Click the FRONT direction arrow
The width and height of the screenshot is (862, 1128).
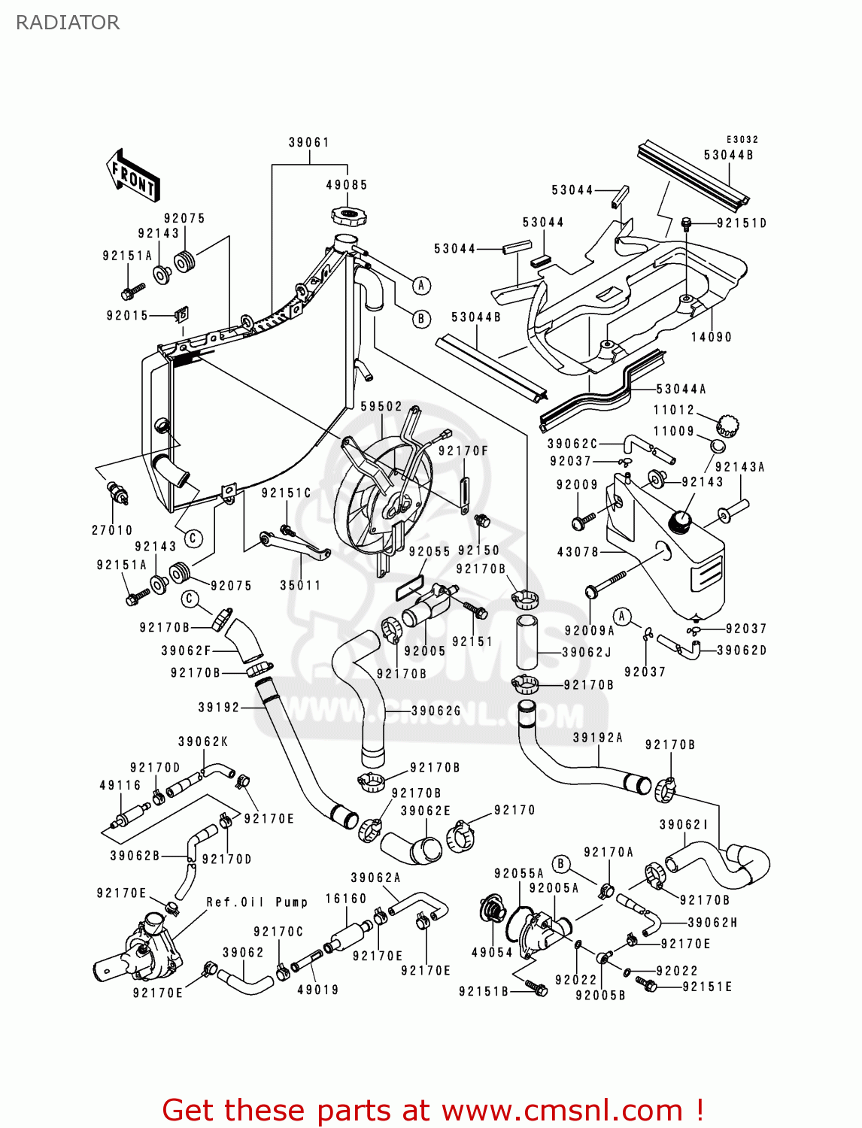click(134, 176)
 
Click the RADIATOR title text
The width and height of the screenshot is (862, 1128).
click(68, 23)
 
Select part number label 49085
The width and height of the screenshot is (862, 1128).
click(347, 185)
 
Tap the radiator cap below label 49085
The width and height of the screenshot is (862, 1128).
click(349, 217)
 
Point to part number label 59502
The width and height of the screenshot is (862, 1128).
click(381, 407)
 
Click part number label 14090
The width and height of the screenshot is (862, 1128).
click(712, 337)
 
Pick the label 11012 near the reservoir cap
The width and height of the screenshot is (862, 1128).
click(674, 410)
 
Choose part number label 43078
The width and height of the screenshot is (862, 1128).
click(578, 552)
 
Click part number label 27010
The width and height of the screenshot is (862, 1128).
click(112, 530)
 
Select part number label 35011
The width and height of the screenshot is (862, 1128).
click(301, 585)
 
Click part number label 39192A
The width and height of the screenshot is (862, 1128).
click(598, 738)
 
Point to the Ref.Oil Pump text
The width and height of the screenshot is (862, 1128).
click(257, 902)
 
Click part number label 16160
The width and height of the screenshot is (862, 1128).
click(346, 899)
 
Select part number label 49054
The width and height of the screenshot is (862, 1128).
click(492, 953)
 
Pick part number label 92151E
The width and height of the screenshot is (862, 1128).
click(707, 987)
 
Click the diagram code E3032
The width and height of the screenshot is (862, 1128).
click(742, 140)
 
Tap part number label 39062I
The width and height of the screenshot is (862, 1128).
click(684, 825)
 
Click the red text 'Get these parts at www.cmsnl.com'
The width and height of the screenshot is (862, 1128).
click(433, 1110)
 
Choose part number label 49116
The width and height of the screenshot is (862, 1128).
click(120, 785)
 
